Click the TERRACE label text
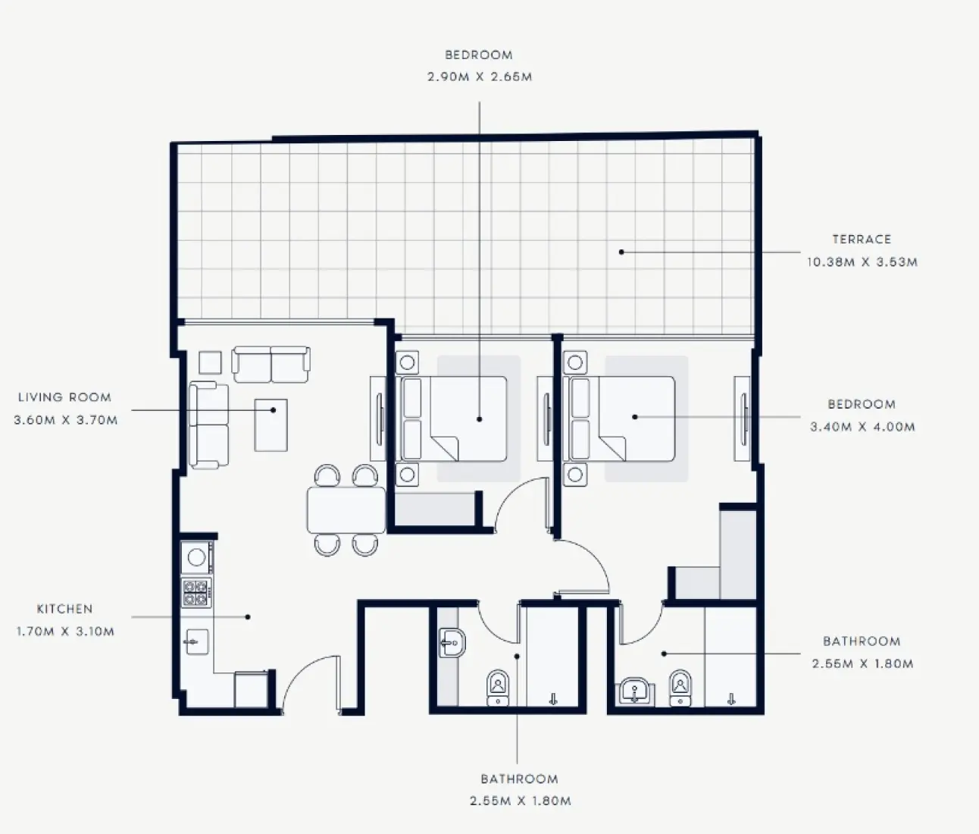pyautogui.click(x=862, y=240)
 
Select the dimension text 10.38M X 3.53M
pyautogui.click(x=862, y=262)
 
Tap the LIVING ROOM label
pyautogui.click(x=64, y=397)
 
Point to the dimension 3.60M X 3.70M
pyautogui.click(x=66, y=420)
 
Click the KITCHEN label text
pyautogui.click(x=64, y=609)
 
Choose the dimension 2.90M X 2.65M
pyautogui.click(x=479, y=77)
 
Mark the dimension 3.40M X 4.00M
pyautogui.click(x=862, y=427)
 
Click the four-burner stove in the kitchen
pyautogui.click(x=196, y=592)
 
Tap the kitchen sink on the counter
pyautogui.click(x=195, y=642)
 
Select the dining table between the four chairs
pyautogui.click(x=346, y=510)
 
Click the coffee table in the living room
pyautogui.click(x=271, y=425)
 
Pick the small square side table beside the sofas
pyautogui.click(x=210, y=362)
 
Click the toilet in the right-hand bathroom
pyautogui.click(x=680, y=688)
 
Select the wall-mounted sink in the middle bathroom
pyautogui.click(x=452, y=644)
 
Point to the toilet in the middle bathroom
pyautogui.click(x=498, y=687)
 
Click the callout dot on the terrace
pyautogui.click(x=621, y=252)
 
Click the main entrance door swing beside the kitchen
pyautogui.click(x=307, y=682)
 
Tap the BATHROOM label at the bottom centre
pyautogui.click(x=519, y=779)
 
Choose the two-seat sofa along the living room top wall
pyautogui.click(x=271, y=365)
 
